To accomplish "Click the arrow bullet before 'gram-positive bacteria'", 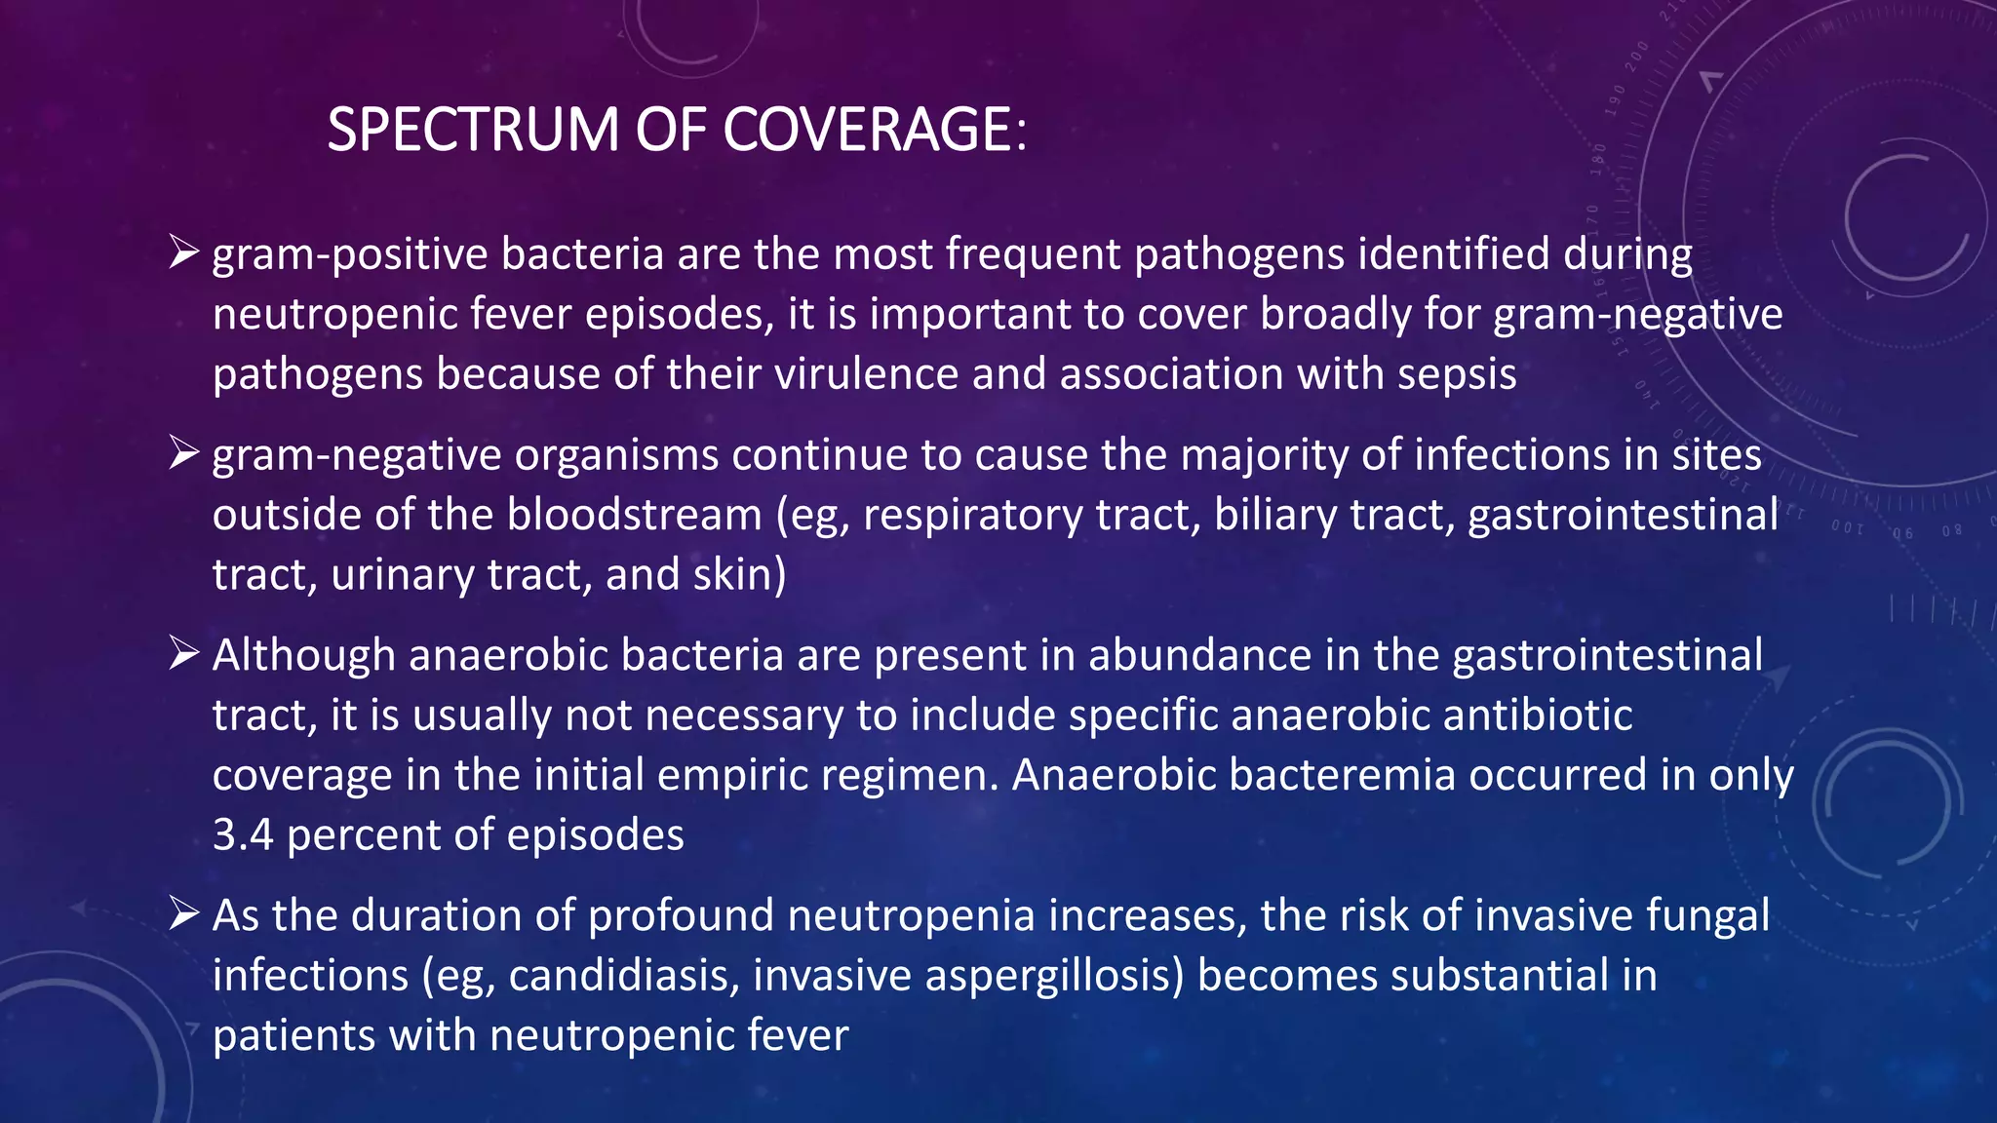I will pyautogui.click(x=183, y=252).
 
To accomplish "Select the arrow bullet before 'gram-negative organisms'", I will pyautogui.click(x=183, y=453).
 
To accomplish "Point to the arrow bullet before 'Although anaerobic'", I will pyautogui.click(x=183, y=653).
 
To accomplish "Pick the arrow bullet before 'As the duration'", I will pyautogui.click(x=183, y=913).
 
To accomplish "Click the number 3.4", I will pyautogui.click(x=243, y=834).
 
